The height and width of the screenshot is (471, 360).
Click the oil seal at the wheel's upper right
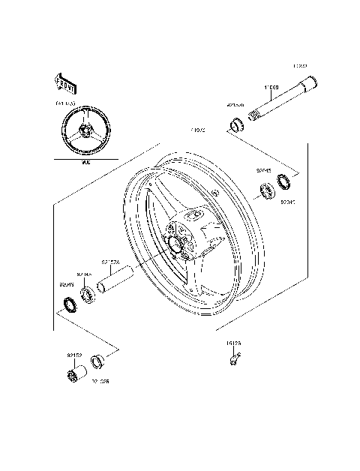click(x=285, y=181)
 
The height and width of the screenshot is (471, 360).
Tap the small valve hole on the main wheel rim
click(x=215, y=193)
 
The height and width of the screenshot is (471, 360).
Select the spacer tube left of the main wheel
click(x=118, y=286)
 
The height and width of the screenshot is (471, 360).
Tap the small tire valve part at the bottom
click(x=234, y=358)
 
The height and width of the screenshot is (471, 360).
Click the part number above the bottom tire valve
click(x=233, y=343)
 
